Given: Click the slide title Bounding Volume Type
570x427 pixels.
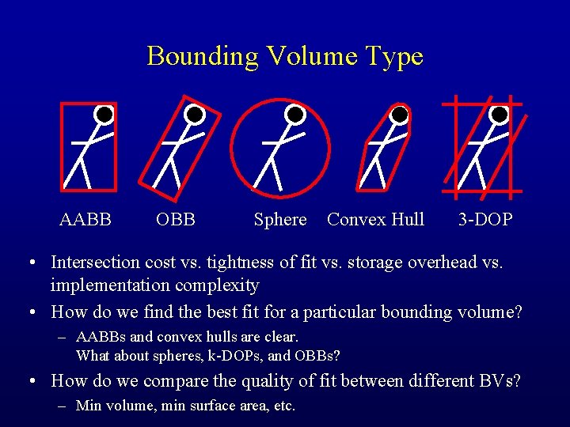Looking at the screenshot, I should point(285,56).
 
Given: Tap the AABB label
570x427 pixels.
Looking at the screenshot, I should point(85,220).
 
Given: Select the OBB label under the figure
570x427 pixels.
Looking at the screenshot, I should point(176,220).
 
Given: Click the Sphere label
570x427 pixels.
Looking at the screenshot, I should point(280,220).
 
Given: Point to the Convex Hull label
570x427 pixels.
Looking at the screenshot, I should point(376,220).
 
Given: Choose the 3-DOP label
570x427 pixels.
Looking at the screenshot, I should point(485,220).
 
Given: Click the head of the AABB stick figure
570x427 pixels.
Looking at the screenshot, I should point(103,115).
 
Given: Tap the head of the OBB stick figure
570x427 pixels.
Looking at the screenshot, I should point(195,115).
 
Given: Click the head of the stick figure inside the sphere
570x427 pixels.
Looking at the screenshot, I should point(295,115).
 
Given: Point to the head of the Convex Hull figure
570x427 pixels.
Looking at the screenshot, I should point(400,115).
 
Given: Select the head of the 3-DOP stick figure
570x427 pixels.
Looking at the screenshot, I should point(500,115).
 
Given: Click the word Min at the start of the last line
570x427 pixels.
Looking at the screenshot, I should point(89,406).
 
